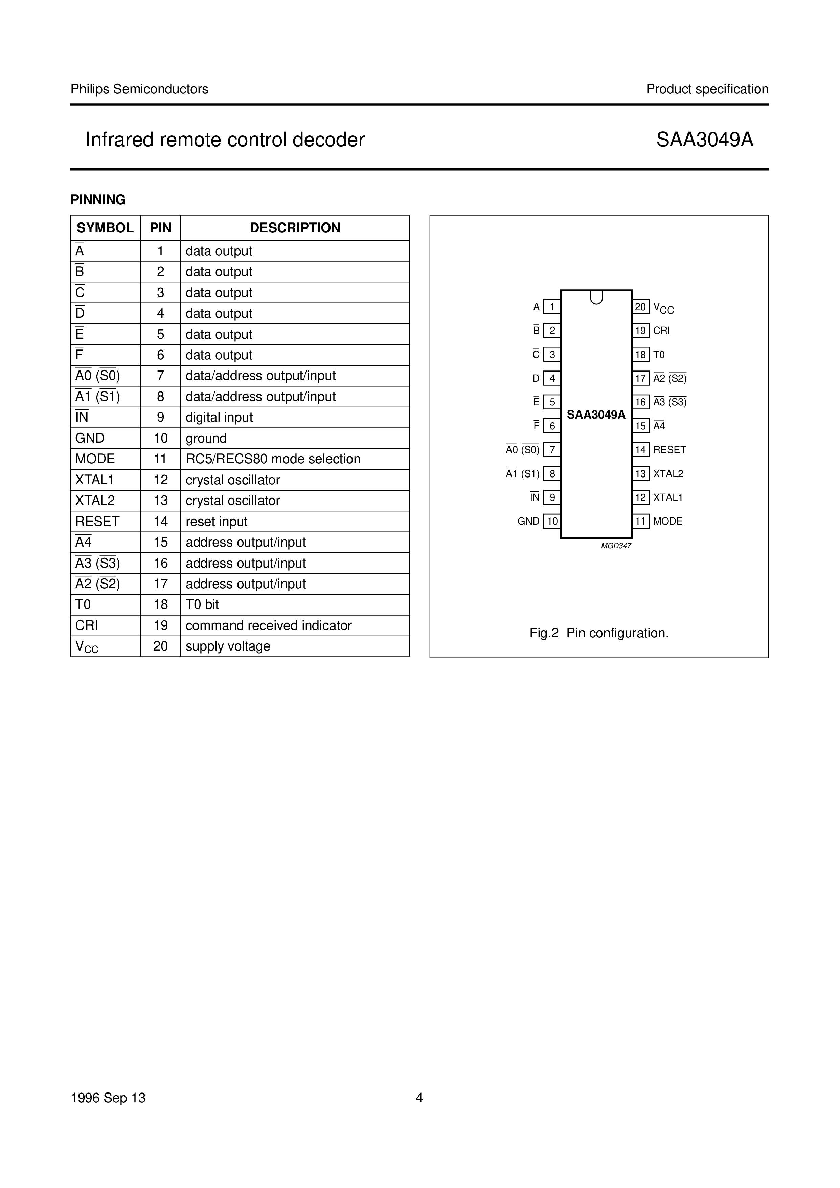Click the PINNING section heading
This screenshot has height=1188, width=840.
point(98,200)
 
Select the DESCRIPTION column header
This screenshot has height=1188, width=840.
point(295,228)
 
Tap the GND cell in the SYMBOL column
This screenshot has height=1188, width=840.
point(90,439)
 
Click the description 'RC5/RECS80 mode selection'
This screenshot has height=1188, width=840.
point(273,459)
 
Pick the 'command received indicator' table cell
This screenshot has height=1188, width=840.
point(269,626)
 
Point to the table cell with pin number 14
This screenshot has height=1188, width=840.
point(160,522)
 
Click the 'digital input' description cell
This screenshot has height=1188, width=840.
point(219,418)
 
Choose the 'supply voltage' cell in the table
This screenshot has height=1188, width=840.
point(228,646)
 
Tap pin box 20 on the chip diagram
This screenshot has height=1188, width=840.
point(640,307)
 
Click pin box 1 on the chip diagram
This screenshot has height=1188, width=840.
point(552,307)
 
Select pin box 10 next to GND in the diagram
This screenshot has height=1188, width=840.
point(552,521)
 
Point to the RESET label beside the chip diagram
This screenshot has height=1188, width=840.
point(669,450)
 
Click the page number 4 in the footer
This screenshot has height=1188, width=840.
point(419,1098)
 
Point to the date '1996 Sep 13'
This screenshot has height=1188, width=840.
point(108,1098)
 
